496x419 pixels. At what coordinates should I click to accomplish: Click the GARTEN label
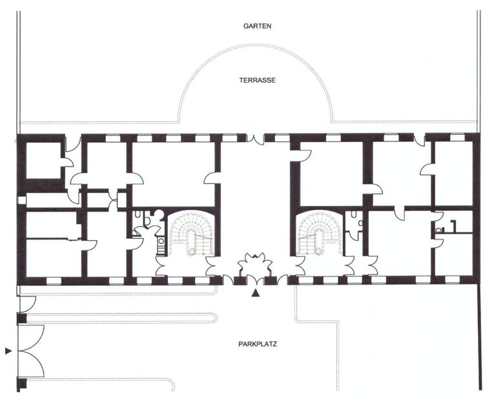[x=257, y=26]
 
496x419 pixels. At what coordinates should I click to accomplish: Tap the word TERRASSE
[x=257, y=80]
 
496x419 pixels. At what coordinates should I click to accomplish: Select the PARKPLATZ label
[x=258, y=343]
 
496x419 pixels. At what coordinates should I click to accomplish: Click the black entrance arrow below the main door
[x=255, y=294]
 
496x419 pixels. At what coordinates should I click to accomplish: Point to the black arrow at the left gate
[x=8, y=351]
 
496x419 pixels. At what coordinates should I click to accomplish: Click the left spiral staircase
[x=191, y=233]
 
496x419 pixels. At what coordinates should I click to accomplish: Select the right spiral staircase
[x=320, y=233]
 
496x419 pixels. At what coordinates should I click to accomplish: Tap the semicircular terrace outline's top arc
[x=256, y=45]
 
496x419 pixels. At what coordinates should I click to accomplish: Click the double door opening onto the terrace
[x=255, y=139]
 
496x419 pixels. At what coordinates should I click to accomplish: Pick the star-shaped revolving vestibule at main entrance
[x=255, y=265]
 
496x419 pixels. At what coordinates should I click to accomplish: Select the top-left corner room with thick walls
[x=43, y=160]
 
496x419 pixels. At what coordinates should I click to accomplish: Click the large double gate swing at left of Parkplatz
[x=32, y=351]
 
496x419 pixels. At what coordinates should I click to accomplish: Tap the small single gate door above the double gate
[x=28, y=303]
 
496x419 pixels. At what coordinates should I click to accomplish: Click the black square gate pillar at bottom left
[x=21, y=383]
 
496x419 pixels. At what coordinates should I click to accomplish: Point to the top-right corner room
[x=454, y=173]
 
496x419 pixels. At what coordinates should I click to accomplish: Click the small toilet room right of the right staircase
[x=354, y=221]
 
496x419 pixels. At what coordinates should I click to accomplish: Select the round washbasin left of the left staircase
[x=161, y=241]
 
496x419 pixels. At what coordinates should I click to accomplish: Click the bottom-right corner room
[x=454, y=254]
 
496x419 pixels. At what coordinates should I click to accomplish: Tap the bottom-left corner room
[x=54, y=258]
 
